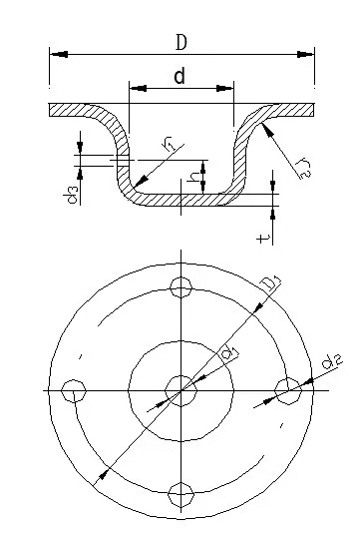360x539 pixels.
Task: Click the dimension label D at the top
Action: click(x=181, y=42)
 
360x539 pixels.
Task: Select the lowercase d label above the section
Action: click(x=180, y=76)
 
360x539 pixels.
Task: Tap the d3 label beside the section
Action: click(x=71, y=195)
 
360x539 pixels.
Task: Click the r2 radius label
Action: click(x=304, y=168)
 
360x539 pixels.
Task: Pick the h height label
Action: click(x=194, y=177)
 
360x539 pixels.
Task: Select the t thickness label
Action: click(x=263, y=238)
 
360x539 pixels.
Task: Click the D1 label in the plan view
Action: click(x=271, y=283)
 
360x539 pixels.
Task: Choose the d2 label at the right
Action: click(x=331, y=362)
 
